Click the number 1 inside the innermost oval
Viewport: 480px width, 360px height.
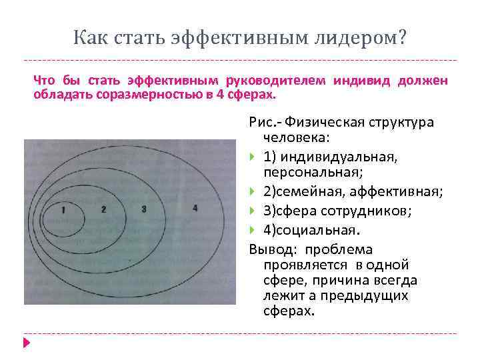62,210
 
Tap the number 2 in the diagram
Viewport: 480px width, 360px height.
103,209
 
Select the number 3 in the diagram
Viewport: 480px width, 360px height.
144,209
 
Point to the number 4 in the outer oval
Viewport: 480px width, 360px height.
194,208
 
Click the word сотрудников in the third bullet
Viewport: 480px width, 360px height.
373,211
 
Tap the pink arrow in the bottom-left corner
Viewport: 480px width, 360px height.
27,343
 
